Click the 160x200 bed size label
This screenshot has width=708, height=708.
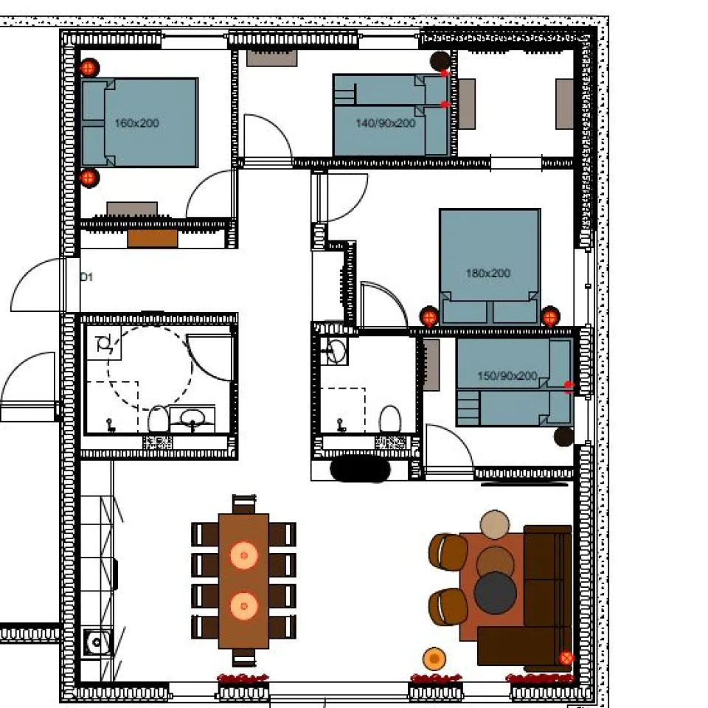coord(136,123)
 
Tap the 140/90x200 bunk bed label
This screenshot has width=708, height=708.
coord(385,123)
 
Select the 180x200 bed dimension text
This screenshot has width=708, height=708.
coord(487,273)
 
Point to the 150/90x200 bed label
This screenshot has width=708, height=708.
coord(507,375)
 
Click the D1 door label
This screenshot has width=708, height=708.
coord(86,277)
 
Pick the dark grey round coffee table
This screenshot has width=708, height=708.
coord(496,592)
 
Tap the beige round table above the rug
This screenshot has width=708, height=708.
coord(495,524)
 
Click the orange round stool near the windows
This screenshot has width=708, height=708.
coord(434,659)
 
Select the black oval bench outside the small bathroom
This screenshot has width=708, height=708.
coord(360,469)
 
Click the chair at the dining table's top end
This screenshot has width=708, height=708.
coord(244,504)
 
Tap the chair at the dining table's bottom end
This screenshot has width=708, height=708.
coord(244,657)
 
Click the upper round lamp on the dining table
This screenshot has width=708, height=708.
coord(244,555)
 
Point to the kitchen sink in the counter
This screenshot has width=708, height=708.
coord(97,642)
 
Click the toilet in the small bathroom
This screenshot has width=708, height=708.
coord(390,420)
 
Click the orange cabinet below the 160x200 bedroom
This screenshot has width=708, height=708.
coord(152,238)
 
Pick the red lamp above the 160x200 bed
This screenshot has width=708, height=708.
coord(89,68)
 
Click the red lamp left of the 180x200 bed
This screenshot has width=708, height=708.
coord(429,317)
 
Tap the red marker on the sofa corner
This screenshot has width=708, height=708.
coord(566,659)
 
